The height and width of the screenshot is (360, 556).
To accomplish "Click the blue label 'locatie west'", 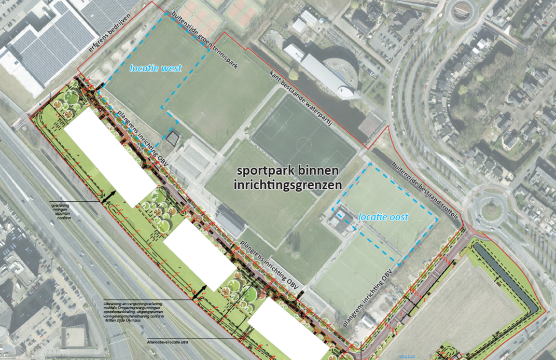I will tap(156, 67).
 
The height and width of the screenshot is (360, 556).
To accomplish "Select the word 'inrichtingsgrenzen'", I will tap(288, 184).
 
